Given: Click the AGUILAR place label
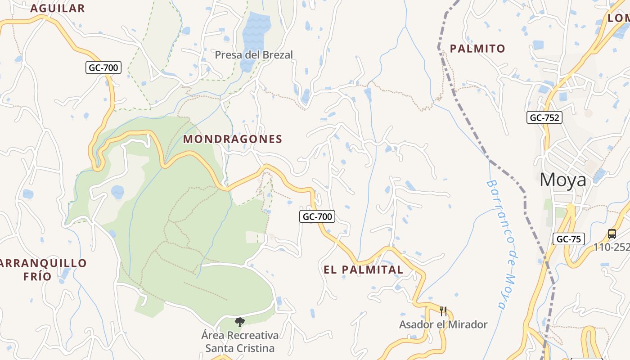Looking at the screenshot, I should (57, 8).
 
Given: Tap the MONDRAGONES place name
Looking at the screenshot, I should (233, 139).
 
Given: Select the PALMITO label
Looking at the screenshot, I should (477, 49).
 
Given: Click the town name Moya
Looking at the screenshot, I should (563, 180).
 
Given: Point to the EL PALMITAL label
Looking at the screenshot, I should (364, 270).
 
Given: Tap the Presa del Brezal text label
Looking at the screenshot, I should (254, 55).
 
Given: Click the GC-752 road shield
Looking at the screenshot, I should (544, 118).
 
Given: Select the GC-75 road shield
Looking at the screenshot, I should (568, 239).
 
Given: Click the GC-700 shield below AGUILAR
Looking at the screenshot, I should (103, 68).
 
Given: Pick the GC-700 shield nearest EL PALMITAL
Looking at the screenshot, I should (317, 216).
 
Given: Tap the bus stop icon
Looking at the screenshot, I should (612, 234).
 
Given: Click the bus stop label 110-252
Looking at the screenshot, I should (611, 247).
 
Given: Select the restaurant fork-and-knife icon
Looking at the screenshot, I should (443, 311).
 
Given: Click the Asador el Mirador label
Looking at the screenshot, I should (443, 324).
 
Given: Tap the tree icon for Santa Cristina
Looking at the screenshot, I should (239, 322).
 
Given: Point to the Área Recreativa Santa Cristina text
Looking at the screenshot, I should (240, 342).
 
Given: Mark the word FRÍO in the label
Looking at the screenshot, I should (37, 276).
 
